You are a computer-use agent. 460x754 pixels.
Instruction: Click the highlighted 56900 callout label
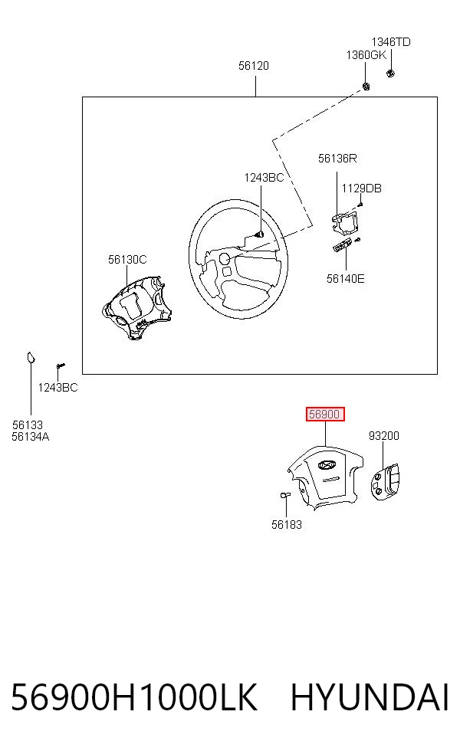[x=325, y=414]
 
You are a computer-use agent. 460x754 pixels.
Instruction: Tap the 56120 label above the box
[x=254, y=66]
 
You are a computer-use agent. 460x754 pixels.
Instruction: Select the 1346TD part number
[x=391, y=42]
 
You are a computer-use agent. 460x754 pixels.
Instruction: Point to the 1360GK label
[x=366, y=55]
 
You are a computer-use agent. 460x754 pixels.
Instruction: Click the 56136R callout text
[x=337, y=159]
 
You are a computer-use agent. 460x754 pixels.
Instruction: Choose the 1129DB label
[x=361, y=188]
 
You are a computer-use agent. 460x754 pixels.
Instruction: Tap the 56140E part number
[x=346, y=279]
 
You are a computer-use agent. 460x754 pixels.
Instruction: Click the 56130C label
[x=127, y=260]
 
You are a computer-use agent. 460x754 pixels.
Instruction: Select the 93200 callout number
[x=384, y=436]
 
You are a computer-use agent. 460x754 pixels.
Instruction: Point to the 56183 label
[x=287, y=525]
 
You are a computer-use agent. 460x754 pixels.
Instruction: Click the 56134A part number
[x=31, y=437]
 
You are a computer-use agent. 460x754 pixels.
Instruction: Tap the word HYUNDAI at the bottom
[x=370, y=698]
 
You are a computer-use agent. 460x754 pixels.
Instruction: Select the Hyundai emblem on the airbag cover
[x=327, y=465]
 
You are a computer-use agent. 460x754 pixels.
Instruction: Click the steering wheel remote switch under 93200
[x=386, y=480]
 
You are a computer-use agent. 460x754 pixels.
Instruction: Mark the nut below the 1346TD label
[x=391, y=74]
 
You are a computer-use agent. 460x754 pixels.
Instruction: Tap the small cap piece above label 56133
[x=31, y=357]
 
